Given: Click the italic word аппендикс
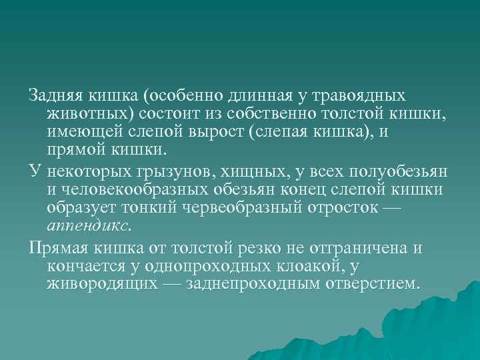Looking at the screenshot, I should tap(88, 226).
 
